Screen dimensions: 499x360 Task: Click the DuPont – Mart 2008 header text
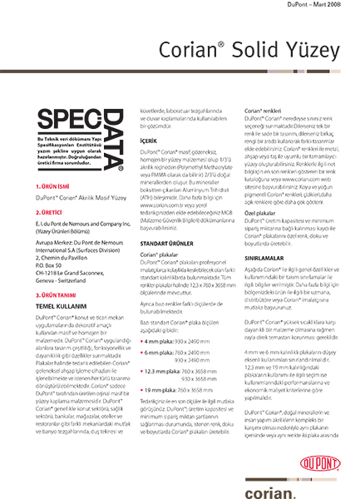[320, 7]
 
